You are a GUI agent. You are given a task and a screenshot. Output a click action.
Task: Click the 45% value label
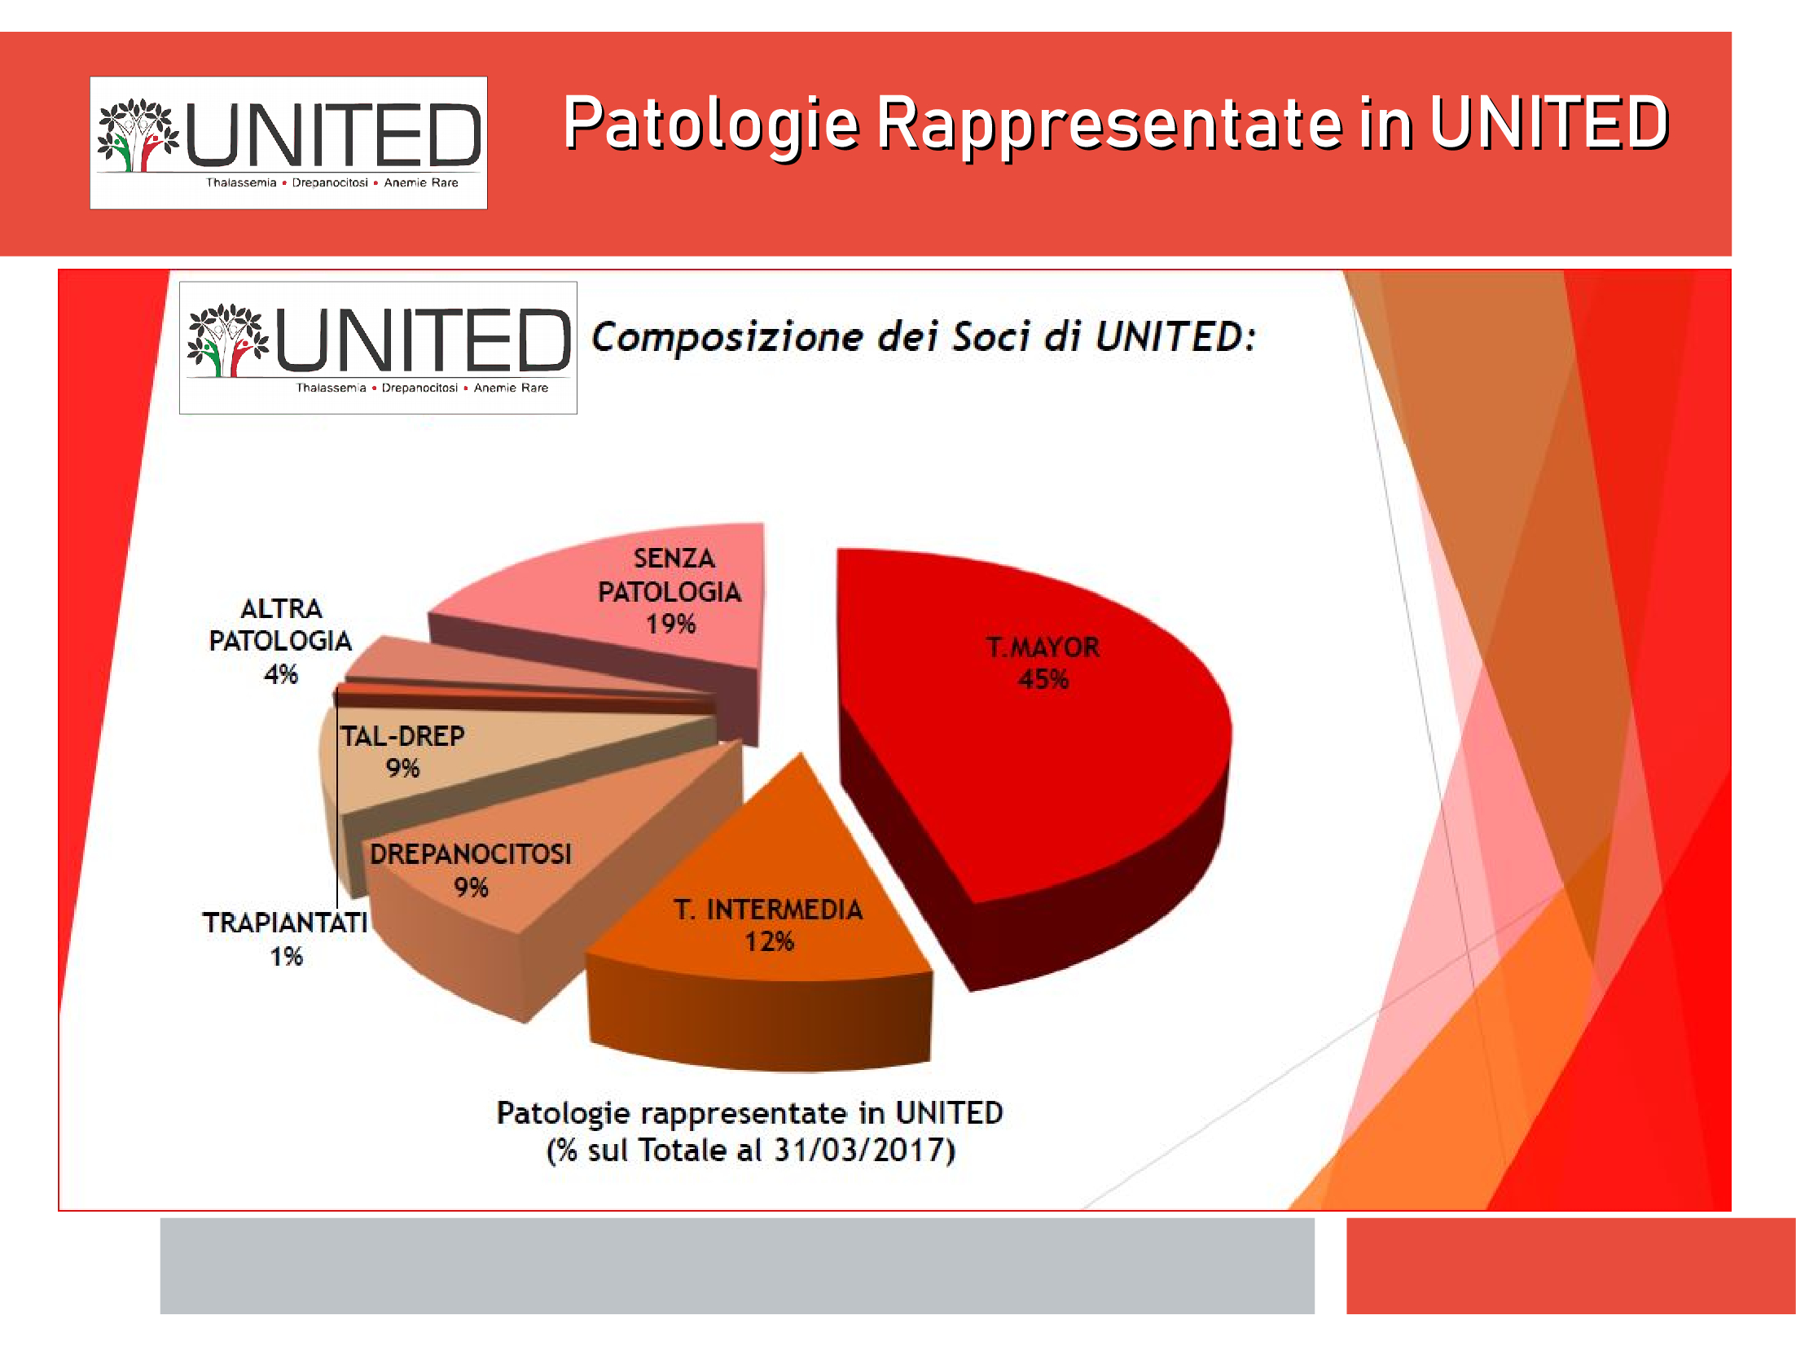[1043, 679]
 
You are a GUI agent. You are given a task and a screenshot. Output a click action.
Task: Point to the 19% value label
[670, 624]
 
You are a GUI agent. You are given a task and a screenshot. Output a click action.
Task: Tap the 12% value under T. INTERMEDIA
[769, 941]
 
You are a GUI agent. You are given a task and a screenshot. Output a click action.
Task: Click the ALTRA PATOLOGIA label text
[280, 625]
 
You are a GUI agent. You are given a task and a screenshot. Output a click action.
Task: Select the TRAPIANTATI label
[285, 923]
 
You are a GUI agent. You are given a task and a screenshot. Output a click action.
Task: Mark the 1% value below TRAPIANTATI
[287, 956]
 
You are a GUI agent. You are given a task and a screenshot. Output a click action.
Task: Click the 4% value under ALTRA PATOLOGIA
[281, 674]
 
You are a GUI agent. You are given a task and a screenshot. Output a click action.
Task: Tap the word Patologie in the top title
[712, 124]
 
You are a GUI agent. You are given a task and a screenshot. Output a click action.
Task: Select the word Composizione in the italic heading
[727, 337]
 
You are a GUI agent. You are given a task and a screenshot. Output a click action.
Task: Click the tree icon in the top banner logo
[138, 135]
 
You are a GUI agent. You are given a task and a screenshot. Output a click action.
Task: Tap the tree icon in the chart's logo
[227, 340]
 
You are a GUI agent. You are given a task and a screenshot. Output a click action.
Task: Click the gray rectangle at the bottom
[737, 1265]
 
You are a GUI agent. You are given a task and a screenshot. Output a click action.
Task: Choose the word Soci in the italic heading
[991, 337]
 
